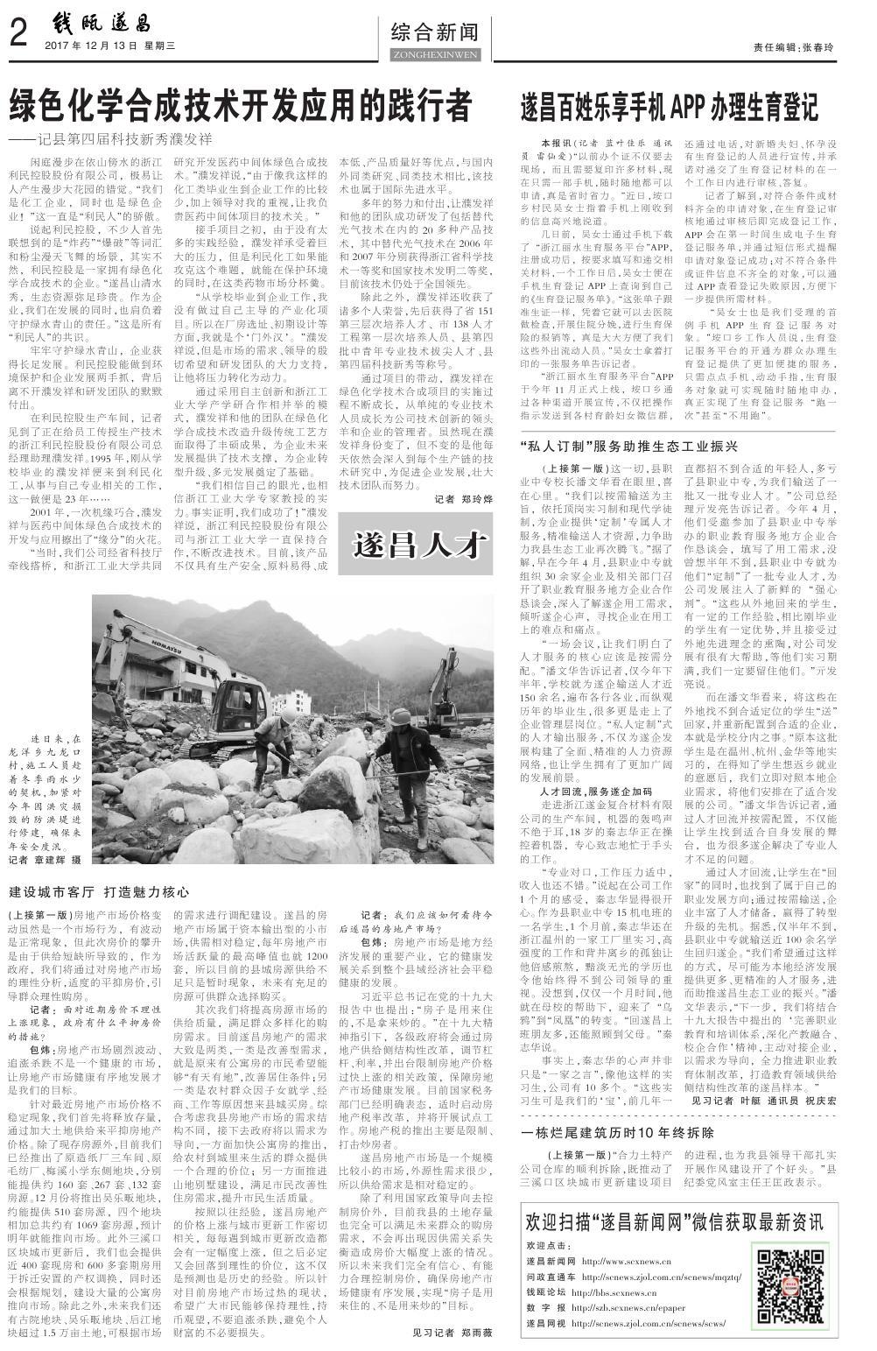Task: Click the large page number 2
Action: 19,35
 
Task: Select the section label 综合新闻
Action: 434,33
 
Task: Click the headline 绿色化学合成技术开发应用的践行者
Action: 241,107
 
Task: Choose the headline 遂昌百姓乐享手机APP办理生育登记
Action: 670,107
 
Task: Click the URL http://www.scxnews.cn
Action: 625,1262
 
